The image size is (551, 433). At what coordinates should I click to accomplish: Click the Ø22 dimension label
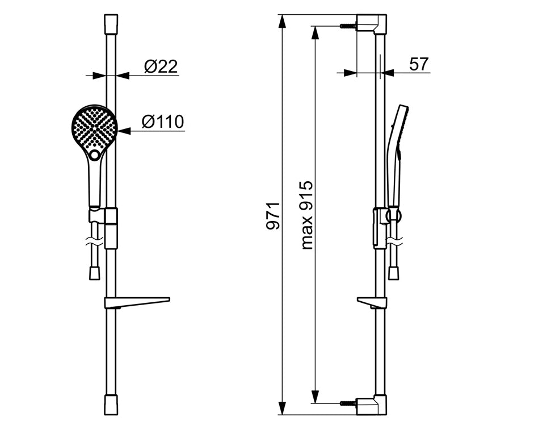pos(161,66)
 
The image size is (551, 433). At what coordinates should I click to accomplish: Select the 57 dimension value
pos(419,64)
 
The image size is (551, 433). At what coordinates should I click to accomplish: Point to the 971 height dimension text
pos(274,215)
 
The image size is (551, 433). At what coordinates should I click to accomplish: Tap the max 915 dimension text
pos(307,215)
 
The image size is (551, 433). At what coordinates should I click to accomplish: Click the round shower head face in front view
pos(94,127)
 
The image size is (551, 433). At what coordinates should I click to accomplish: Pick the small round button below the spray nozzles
pos(95,155)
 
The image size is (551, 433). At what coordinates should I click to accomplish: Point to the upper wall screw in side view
pos(347,26)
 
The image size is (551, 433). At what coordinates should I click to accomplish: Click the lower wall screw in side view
pos(347,403)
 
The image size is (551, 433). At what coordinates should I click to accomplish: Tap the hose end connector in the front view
pos(95,273)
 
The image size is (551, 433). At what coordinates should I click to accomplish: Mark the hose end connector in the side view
pos(393,273)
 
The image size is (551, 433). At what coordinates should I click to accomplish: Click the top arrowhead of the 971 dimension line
pos(282,20)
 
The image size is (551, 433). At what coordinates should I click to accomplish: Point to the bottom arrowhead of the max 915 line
pos(316,398)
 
